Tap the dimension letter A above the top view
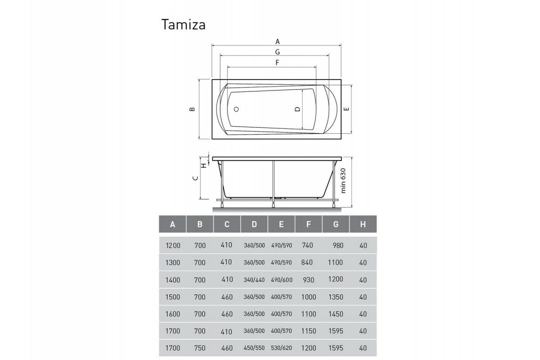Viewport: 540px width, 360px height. [278, 41]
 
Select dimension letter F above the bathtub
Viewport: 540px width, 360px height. [277, 63]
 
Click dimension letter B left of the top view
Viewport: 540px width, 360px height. [192, 109]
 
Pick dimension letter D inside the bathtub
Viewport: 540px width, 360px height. [297, 109]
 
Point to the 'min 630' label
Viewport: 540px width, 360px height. [344, 181]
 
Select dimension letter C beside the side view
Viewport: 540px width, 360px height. [195, 179]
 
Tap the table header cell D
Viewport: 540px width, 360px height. [254, 224]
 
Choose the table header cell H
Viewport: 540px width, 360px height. [363, 224]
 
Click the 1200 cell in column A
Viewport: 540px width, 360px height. [173, 246]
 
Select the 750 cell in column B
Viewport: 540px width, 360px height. [200, 348]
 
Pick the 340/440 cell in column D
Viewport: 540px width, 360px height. [254, 280]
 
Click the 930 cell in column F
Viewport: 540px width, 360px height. [309, 280]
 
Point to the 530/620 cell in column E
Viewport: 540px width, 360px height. [281, 348]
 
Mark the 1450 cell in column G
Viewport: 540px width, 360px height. [336, 314]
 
